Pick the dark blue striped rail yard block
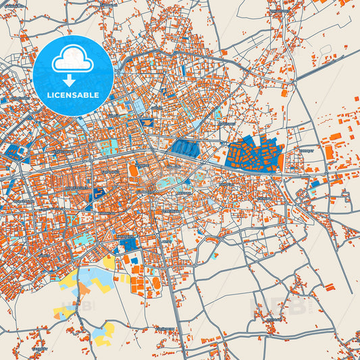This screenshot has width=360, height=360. point(186,148)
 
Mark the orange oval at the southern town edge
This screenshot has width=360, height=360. point(157,281)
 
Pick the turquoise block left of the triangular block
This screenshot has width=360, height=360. point(81,240)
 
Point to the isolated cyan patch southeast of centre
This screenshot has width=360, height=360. point(214,255)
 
